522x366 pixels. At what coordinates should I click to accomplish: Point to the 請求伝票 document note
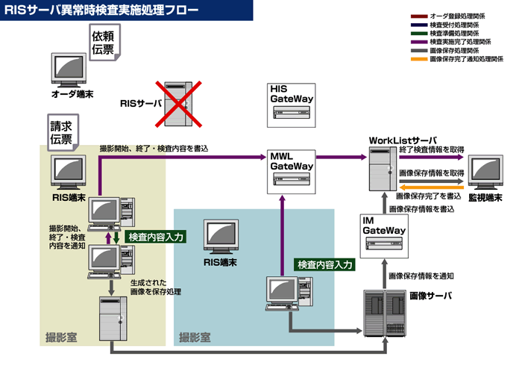pyautogui.click(x=61, y=132)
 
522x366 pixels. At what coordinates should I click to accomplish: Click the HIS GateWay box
pyautogui.click(x=290, y=104)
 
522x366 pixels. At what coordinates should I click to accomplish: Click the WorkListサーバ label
pyautogui.click(x=403, y=140)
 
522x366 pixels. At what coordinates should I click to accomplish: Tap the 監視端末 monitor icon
pyautogui.click(x=485, y=173)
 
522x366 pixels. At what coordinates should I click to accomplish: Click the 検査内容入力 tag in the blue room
pyautogui.click(x=324, y=264)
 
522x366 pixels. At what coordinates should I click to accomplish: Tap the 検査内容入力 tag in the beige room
pyautogui.click(x=156, y=236)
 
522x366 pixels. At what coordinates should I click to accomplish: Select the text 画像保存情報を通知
pyautogui.click(x=421, y=276)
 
